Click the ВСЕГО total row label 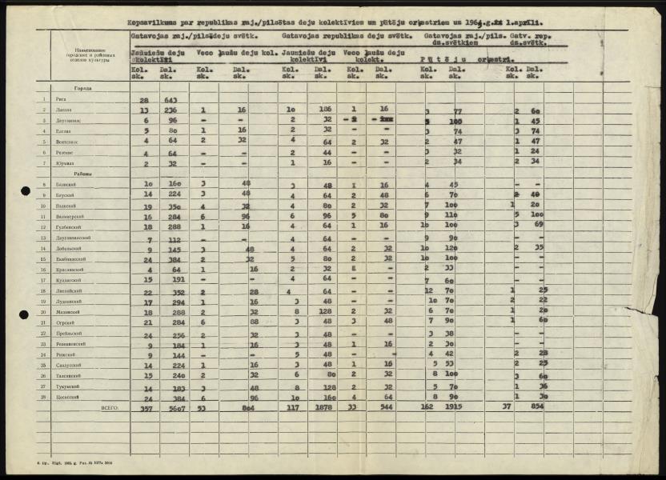pos(109,407)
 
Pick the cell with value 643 pos(171,99)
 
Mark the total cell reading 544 pos(387,407)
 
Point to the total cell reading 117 pos(294,407)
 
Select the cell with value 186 pos(325,110)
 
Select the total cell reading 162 pos(427,407)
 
